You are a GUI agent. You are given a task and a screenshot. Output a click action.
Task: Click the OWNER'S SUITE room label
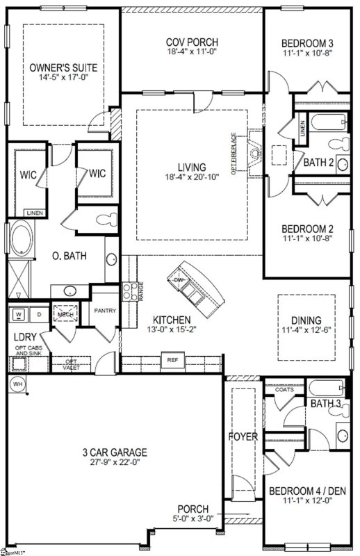[x=63, y=67]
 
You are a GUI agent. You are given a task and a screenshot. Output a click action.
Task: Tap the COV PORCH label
[x=192, y=41]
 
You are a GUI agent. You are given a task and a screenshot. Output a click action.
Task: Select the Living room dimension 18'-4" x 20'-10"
[x=191, y=179]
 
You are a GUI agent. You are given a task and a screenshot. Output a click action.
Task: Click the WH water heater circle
[x=17, y=384]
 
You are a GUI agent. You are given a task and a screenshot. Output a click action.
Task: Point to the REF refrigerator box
[x=171, y=360]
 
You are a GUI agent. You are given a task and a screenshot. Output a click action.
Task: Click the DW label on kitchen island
[x=180, y=281]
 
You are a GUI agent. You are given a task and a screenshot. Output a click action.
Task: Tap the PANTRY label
[x=104, y=311]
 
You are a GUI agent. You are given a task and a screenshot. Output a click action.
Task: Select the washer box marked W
[x=19, y=315]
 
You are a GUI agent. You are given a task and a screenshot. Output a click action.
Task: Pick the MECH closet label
[x=66, y=314]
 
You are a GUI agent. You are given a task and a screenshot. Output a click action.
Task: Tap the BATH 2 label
[x=319, y=162]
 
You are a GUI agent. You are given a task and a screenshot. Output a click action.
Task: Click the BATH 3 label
[x=325, y=403]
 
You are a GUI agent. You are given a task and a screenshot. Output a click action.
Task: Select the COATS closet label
[x=284, y=390]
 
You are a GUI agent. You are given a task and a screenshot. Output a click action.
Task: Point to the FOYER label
[x=243, y=436]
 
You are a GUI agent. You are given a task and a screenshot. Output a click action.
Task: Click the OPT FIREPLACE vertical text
[x=234, y=154]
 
